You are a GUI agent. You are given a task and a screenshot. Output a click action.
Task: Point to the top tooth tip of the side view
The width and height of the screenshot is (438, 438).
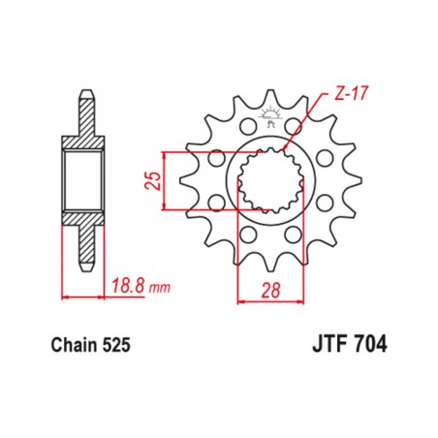86,96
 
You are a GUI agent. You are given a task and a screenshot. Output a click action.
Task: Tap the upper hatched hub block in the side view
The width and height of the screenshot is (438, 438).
86,140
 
